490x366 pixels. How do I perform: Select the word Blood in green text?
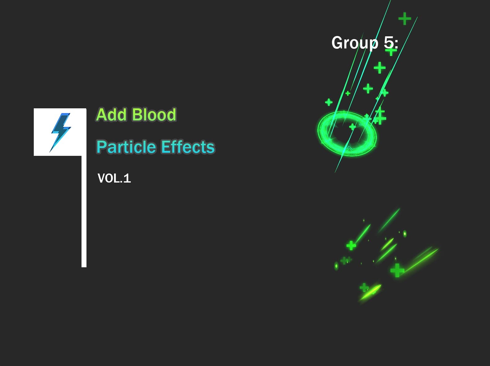[x=154, y=115]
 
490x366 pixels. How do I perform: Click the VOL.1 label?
[x=114, y=178]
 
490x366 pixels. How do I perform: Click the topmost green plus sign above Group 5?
[x=404, y=19]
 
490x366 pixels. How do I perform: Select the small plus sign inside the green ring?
[x=352, y=126]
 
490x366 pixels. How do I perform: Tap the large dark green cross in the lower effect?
[x=397, y=270]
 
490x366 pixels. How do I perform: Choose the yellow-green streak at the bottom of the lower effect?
[x=370, y=292]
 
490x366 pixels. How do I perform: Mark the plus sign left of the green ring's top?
[x=329, y=102]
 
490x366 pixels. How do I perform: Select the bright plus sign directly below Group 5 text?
[x=380, y=68]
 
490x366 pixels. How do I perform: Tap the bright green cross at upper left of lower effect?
[x=351, y=246]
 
